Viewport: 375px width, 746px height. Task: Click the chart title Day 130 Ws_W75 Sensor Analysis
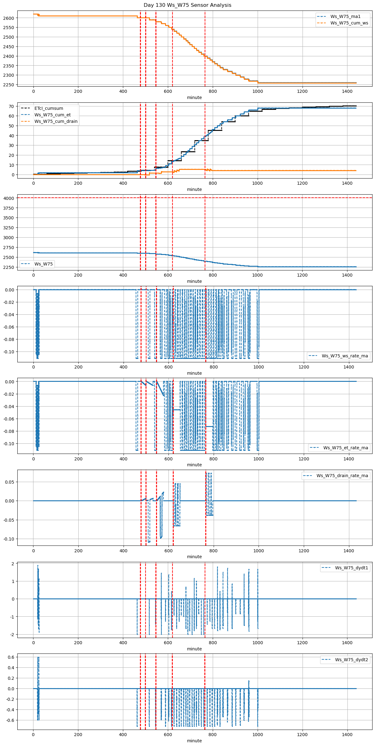(187, 5)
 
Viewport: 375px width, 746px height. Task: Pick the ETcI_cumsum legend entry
(49, 108)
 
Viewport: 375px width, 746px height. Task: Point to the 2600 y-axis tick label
(9, 18)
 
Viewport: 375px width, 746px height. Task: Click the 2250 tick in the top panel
(9, 84)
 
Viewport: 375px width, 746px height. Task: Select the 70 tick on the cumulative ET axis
(11, 106)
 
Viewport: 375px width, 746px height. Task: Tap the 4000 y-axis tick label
(9, 198)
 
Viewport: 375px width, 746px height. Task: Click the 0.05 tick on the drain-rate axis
(10, 482)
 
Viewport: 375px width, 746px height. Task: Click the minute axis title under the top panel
(194, 97)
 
